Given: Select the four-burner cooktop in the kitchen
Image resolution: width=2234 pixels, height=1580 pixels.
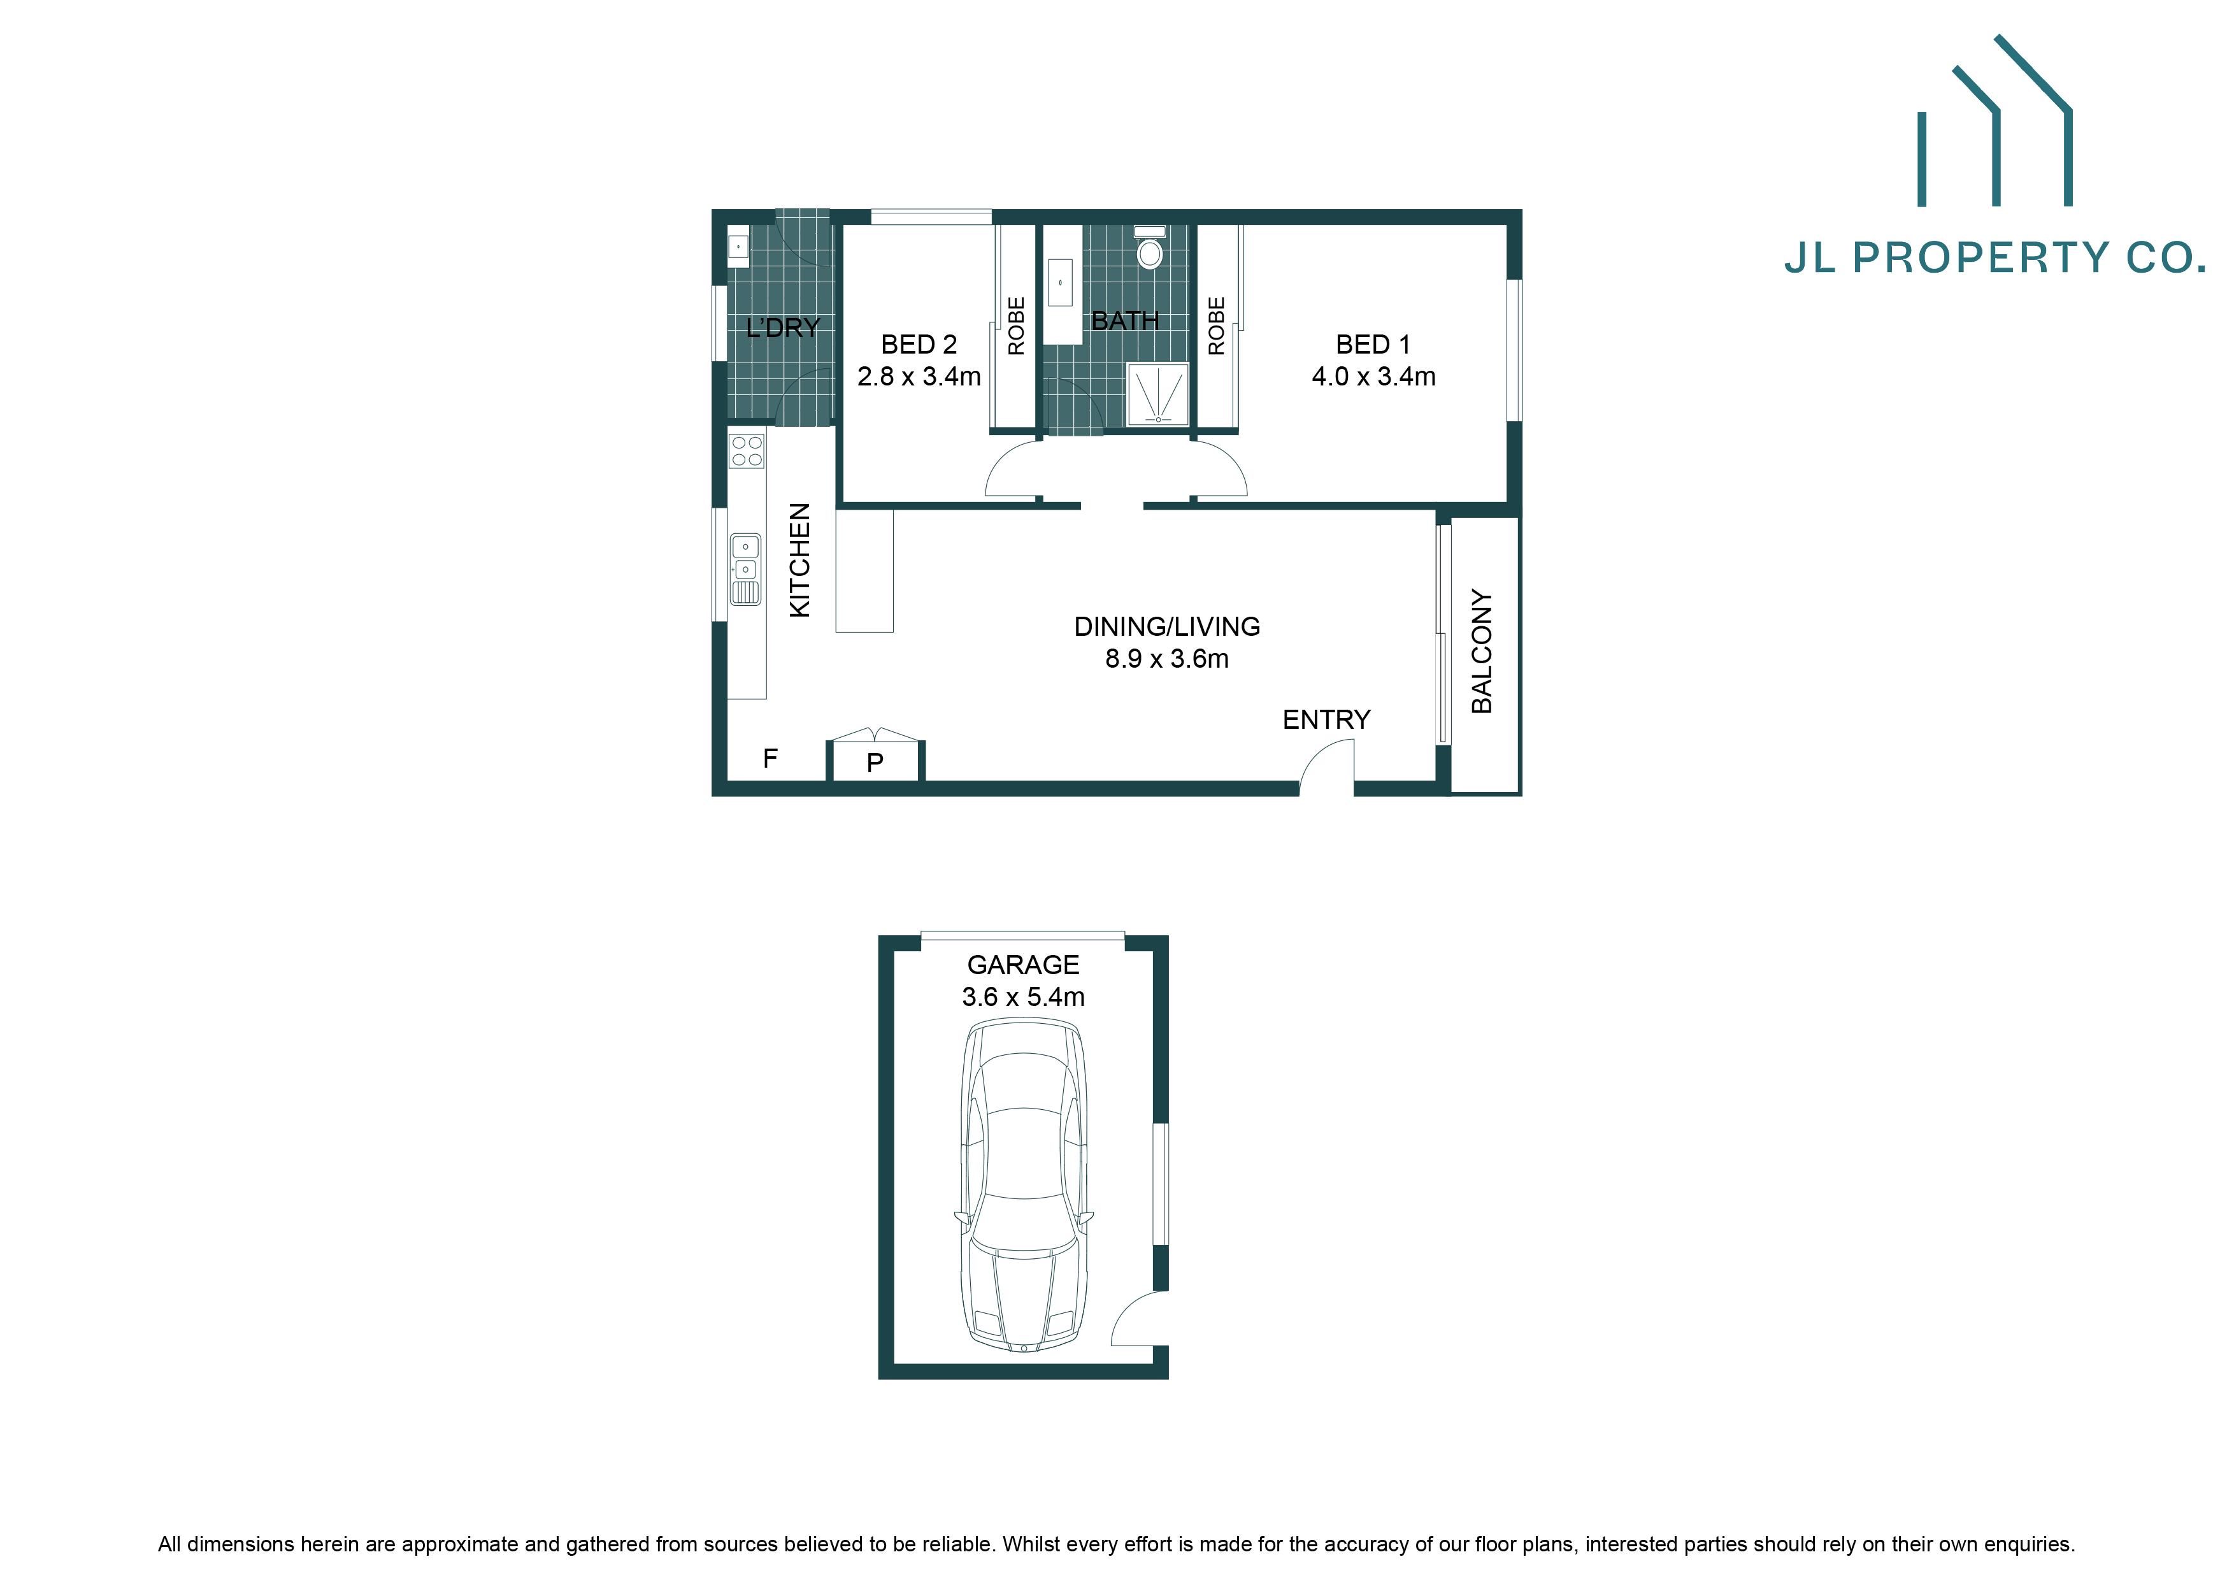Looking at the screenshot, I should tap(747, 450).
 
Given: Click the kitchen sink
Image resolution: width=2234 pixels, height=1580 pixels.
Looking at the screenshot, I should tap(745, 569).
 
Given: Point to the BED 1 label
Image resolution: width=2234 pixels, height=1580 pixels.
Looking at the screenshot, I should tap(1372, 345).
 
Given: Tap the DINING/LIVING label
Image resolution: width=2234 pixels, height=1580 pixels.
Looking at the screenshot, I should tap(1166, 626).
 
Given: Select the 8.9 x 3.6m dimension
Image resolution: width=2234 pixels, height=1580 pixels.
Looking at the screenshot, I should tap(1166, 659).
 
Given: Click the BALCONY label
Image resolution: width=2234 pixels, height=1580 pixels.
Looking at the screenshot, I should tap(1481, 651).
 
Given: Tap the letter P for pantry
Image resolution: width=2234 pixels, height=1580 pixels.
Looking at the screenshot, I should tap(875, 763).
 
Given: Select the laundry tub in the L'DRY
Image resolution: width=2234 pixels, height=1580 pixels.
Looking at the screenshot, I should tap(738, 247).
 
